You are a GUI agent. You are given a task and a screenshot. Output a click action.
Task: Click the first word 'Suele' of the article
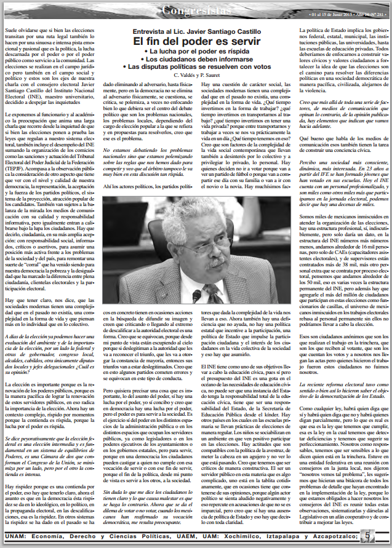point(13,28)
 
